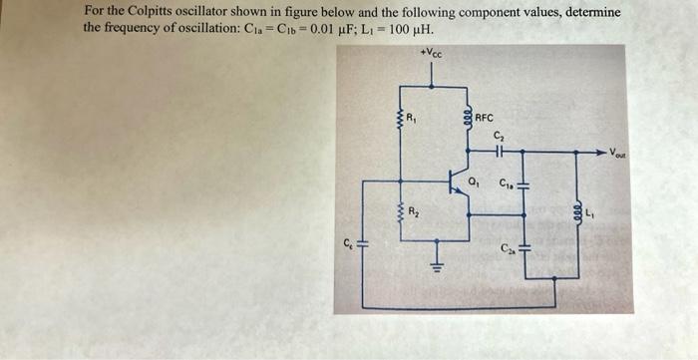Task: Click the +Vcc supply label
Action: [431, 52]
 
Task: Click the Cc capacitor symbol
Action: [362, 244]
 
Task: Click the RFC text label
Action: [485, 117]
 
